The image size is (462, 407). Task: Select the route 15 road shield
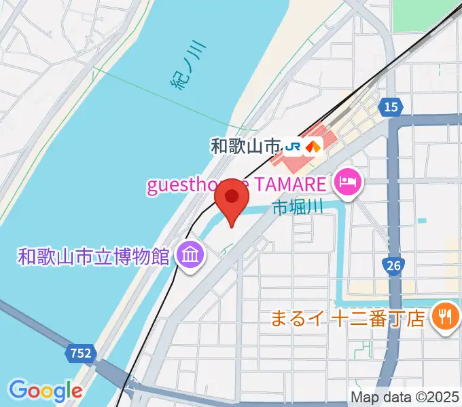tap(391, 106)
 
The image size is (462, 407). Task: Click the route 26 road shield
tap(393, 265)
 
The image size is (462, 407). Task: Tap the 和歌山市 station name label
tap(245, 146)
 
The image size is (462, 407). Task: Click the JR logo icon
tap(294, 146)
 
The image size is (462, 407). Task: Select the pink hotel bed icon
tap(347, 182)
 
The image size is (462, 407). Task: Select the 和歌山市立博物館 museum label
tap(94, 256)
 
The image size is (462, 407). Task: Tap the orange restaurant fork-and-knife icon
tap(445, 316)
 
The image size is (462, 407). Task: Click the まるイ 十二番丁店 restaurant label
tap(348, 317)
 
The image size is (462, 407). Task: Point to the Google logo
tap(45, 390)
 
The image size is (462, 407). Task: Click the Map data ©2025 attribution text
tap(405, 397)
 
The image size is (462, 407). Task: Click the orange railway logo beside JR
tap(313, 146)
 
